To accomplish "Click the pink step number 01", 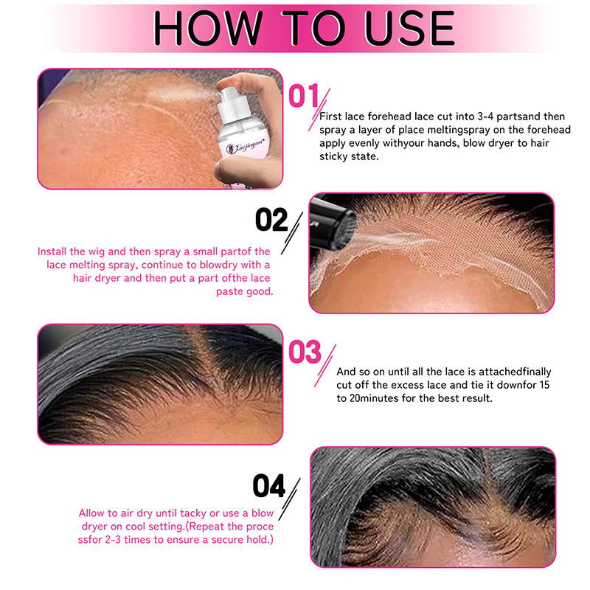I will point(303,96).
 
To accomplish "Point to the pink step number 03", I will point(305,352).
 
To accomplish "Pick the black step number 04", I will point(269,485).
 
